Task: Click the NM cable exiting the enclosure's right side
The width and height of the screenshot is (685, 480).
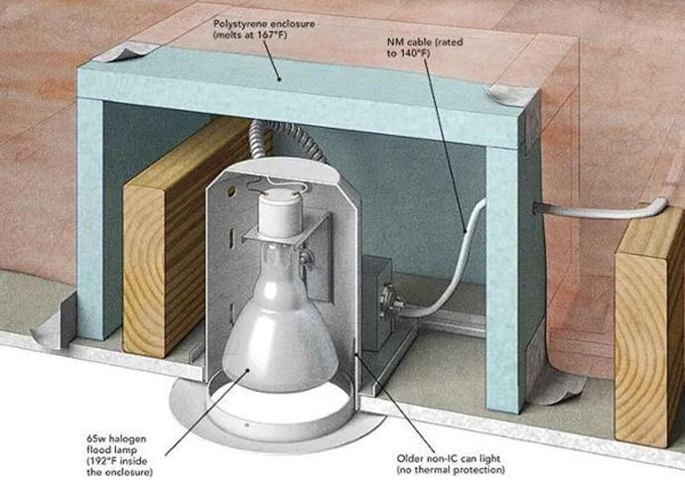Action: pos(596,211)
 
